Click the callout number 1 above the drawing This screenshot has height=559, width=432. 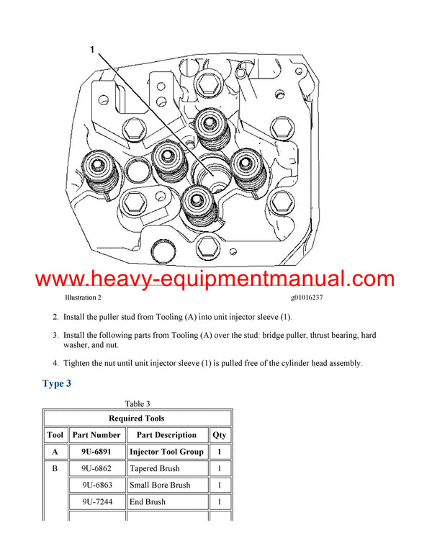click(91, 50)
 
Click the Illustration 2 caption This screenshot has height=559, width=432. click(83, 298)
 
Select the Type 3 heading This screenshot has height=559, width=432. click(57, 383)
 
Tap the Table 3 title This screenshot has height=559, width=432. click(137, 404)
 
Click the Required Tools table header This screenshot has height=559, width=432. click(137, 418)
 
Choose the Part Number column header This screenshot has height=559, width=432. click(96, 435)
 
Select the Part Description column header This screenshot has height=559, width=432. click(166, 435)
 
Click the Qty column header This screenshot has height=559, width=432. click(219, 435)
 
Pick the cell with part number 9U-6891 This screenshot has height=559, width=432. click(96, 452)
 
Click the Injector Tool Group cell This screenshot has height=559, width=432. click(166, 452)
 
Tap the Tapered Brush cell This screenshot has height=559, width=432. click(156, 468)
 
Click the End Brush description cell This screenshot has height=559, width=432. click(148, 501)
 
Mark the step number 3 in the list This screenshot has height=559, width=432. click(55, 336)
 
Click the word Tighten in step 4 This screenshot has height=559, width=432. click(79, 363)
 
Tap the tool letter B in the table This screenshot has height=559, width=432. click(55, 468)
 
